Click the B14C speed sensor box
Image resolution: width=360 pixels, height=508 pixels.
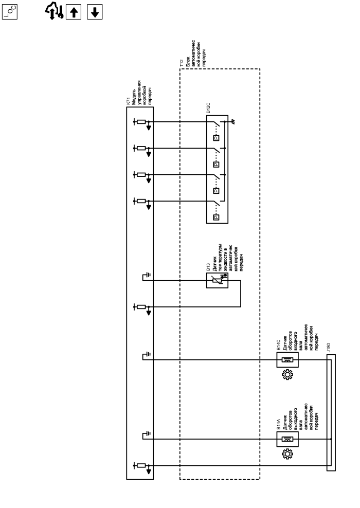click(287, 360)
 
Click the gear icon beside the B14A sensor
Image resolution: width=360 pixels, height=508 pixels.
click(287, 456)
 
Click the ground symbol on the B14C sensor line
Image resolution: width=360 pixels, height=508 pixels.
click(148, 355)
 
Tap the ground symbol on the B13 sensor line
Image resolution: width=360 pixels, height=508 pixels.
click(148, 278)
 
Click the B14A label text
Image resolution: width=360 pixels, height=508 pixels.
click(278, 425)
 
